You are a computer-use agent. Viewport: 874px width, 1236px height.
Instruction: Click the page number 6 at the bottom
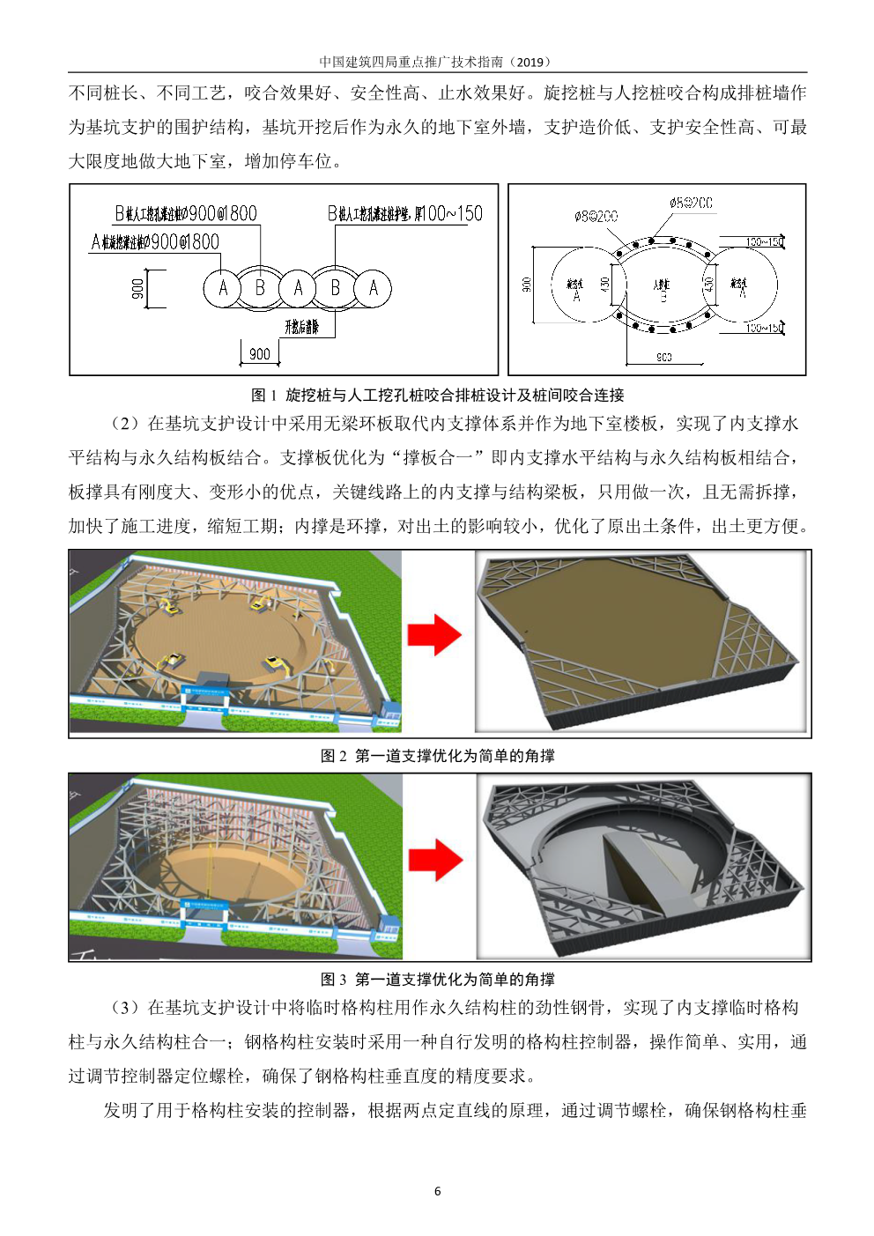[x=437, y=1191]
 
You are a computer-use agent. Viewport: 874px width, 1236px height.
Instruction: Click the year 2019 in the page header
[x=530, y=62]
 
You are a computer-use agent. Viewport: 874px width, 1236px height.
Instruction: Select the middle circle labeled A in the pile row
[x=298, y=288]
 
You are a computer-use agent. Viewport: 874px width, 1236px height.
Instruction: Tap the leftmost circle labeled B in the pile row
[x=260, y=288]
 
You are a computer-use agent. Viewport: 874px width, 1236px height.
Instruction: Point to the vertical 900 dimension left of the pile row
[x=137, y=289]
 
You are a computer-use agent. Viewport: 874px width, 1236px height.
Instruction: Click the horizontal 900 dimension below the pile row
[x=260, y=354]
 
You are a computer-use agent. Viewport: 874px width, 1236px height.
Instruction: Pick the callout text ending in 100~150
[x=404, y=213]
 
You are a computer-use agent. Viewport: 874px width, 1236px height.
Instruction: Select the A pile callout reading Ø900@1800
[x=155, y=241]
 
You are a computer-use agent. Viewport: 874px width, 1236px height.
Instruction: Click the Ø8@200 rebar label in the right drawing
[x=596, y=216]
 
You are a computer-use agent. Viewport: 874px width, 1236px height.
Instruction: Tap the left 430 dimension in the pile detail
[x=605, y=285]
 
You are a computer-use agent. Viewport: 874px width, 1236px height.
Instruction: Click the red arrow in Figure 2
[x=434, y=635]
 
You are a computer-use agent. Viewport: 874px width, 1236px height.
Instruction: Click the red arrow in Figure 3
[x=435, y=860]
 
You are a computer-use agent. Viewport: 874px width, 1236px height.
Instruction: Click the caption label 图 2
[x=334, y=755]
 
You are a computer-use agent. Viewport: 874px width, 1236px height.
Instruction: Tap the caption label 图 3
[x=334, y=979]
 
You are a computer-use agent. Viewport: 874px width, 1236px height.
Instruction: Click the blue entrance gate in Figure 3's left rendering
[x=204, y=912]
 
